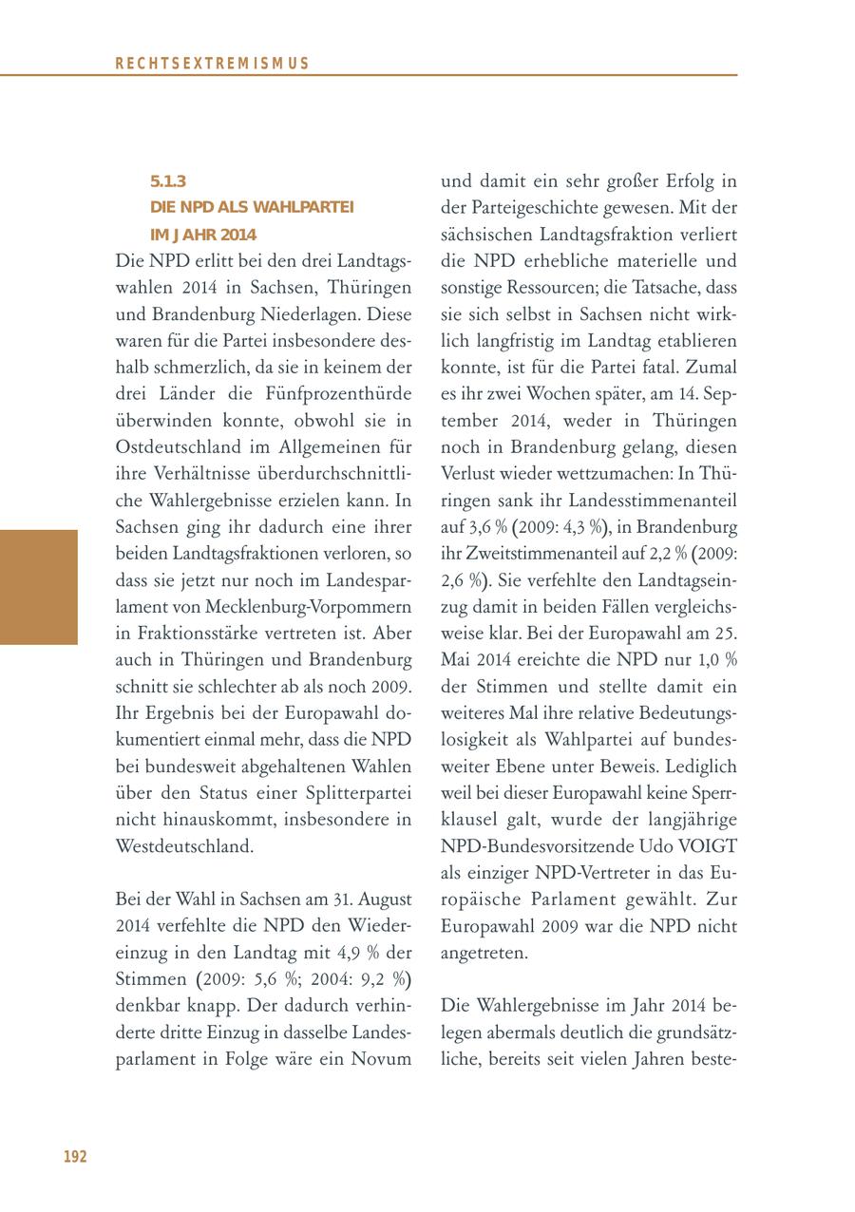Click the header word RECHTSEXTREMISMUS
click(x=212, y=64)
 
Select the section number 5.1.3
click(x=168, y=180)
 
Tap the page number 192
click(x=75, y=1156)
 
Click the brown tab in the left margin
click(x=38, y=587)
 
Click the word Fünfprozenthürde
click(x=338, y=393)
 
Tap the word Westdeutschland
click(x=184, y=845)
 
